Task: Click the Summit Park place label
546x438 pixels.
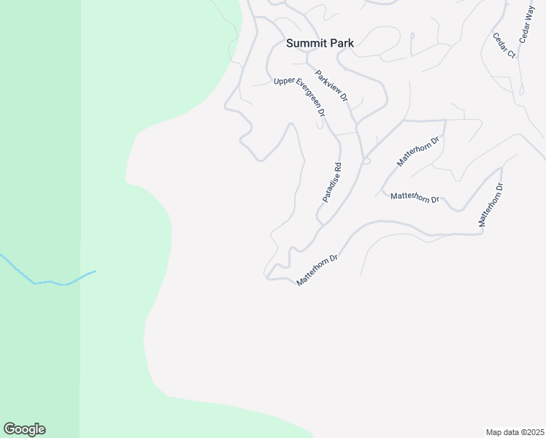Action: tap(320, 43)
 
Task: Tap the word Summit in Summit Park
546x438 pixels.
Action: tap(305, 43)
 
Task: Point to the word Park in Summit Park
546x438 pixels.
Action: tap(341, 43)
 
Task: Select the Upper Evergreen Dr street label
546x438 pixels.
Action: tap(299, 97)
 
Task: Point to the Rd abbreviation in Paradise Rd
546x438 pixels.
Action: tap(338, 167)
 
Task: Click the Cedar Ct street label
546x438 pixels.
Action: tap(504, 45)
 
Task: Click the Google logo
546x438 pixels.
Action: tap(24, 429)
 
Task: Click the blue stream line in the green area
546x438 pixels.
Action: tap(51, 281)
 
